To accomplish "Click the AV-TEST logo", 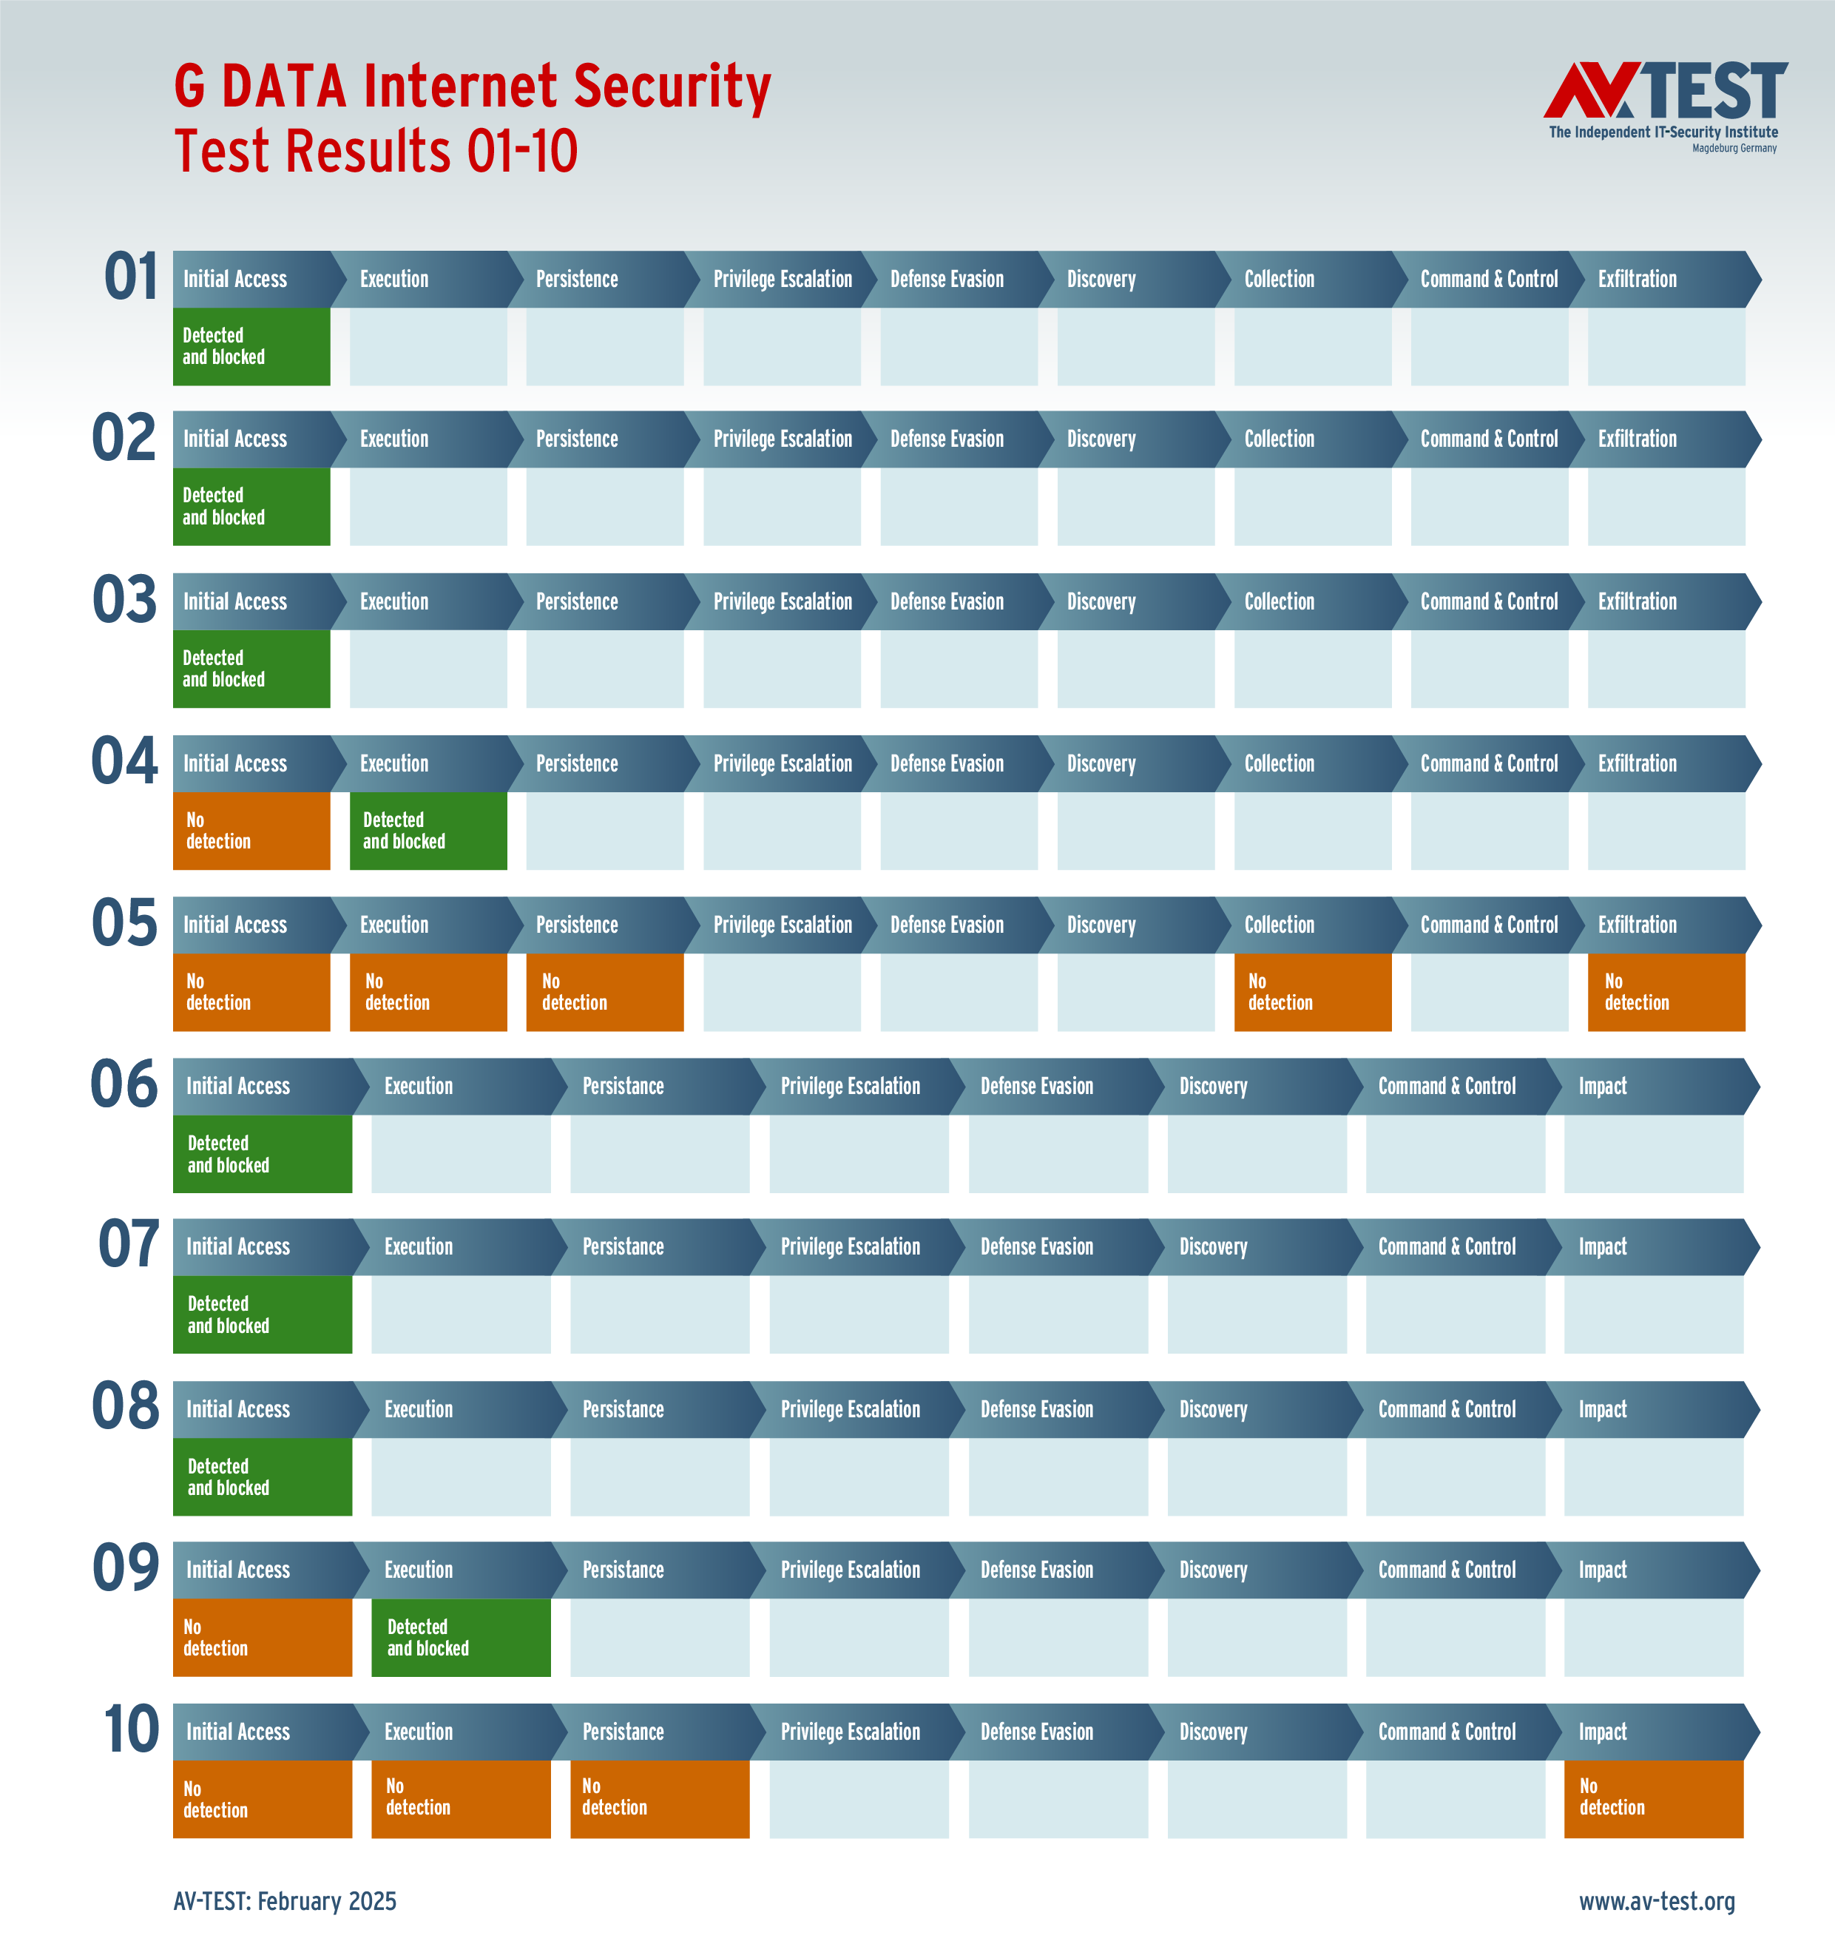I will click(x=1665, y=106).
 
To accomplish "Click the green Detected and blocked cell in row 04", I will click(x=428, y=831).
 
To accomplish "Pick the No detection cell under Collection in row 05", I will click(x=1313, y=992).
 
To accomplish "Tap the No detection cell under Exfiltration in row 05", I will click(x=1666, y=992).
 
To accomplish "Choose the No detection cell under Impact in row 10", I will click(x=1653, y=1798).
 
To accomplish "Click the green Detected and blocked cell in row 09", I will click(x=461, y=1637).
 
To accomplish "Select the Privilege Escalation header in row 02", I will click(x=783, y=439).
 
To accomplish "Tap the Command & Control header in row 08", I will click(x=1447, y=1409).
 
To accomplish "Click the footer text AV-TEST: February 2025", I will click(x=285, y=1901).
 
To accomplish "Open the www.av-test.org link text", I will click(x=1657, y=1901).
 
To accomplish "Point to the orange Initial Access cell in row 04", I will click(x=251, y=831).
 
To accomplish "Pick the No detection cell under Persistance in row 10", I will click(x=659, y=1798).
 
